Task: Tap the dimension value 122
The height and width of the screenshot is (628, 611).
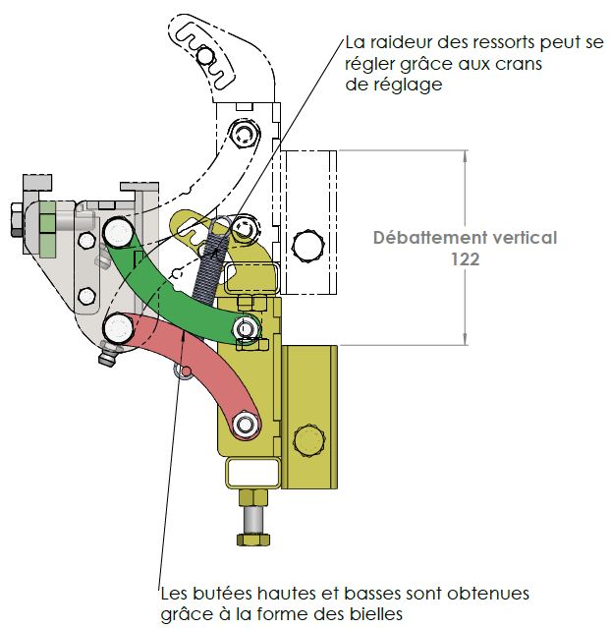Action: tap(466, 259)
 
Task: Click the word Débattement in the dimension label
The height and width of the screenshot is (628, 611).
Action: tap(422, 238)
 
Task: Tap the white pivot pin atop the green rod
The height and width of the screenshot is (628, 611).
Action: tap(121, 233)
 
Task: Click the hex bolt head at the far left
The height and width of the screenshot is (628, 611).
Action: tap(17, 218)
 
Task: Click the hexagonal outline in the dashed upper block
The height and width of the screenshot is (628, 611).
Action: tap(309, 243)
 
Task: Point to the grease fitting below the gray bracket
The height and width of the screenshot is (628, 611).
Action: tap(107, 360)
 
